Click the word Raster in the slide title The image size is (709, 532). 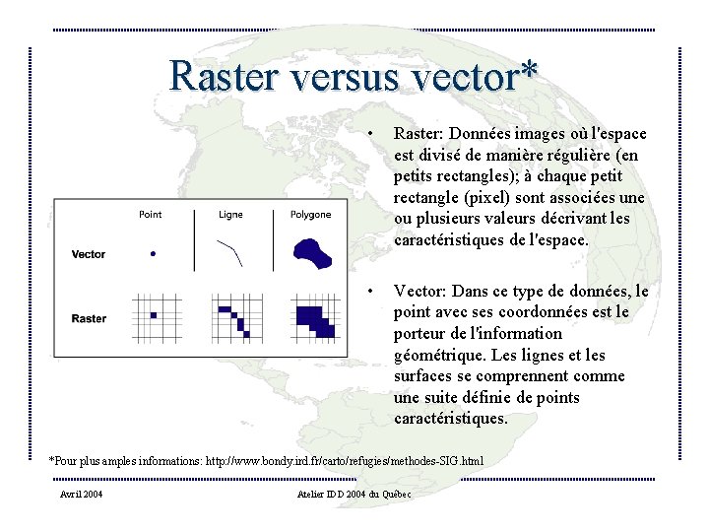click(x=222, y=75)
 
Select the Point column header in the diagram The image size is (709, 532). click(x=151, y=215)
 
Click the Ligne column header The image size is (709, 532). click(x=230, y=215)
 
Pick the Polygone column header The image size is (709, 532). click(x=310, y=215)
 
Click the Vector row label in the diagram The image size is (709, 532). click(x=89, y=254)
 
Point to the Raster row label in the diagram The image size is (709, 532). click(x=89, y=318)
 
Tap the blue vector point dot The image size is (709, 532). click(x=153, y=254)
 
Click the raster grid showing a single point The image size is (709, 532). click(x=153, y=315)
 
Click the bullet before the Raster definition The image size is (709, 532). click(x=367, y=133)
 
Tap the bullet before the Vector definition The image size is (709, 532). click(x=367, y=291)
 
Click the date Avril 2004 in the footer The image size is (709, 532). click(x=81, y=494)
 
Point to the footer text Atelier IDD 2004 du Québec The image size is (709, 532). click(x=354, y=494)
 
